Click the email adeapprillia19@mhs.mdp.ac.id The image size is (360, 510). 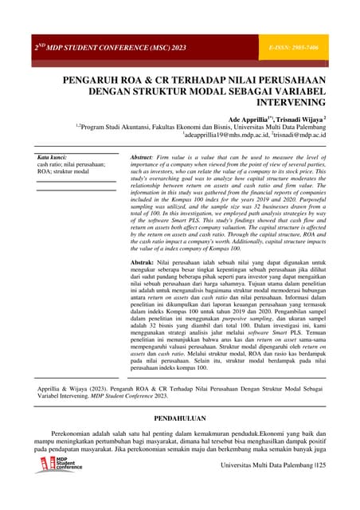[224, 135]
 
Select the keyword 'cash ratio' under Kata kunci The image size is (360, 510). [52, 164]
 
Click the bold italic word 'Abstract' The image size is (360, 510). [141, 156]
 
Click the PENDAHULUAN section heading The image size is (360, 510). [180, 417]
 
